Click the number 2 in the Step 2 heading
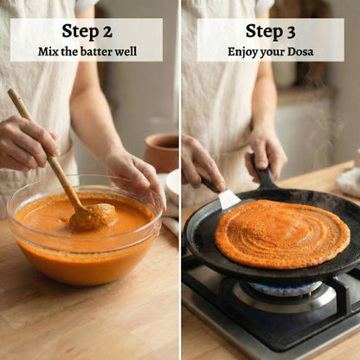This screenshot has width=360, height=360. click(x=107, y=31)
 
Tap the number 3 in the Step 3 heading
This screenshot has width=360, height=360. click(x=291, y=32)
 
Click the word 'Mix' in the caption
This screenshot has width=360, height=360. click(x=46, y=52)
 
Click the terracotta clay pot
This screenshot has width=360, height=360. click(x=162, y=152)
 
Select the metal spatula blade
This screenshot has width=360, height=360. click(x=228, y=199)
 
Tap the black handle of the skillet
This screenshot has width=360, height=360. click(x=262, y=172)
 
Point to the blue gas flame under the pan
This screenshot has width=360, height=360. click(x=286, y=286)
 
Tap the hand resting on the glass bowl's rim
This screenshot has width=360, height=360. click(x=137, y=175)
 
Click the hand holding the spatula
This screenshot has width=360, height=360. click(x=202, y=164)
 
